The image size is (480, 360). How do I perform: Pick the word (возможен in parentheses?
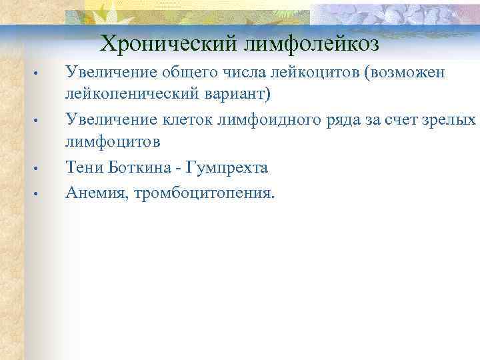point(403,72)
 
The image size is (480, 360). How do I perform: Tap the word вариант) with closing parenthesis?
point(238,93)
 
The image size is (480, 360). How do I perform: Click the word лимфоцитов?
point(112,141)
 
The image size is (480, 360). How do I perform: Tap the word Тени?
point(83,167)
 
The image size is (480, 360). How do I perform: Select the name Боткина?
point(139,167)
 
